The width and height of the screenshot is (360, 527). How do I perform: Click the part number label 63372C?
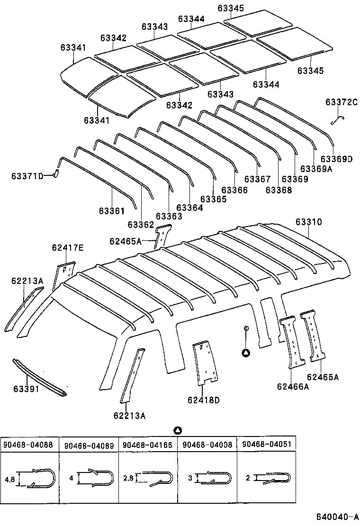click(x=340, y=102)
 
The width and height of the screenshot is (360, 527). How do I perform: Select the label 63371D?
click(x=27, y=176)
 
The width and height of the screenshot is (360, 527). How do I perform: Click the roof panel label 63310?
click(x=308, y=221)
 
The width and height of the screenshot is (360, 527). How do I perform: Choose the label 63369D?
click(x=336, y=159)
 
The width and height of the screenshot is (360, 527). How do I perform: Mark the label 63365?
click(x=213, y=200)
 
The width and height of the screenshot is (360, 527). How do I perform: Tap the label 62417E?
click(x=68, y=247)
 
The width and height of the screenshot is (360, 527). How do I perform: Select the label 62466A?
click(x=293, y=386)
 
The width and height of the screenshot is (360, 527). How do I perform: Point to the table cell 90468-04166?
click(x=147, y=445)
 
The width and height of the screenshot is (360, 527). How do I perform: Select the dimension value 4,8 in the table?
click(x=9, y=479)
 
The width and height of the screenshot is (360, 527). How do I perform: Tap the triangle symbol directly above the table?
click(x=178, y=430)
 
